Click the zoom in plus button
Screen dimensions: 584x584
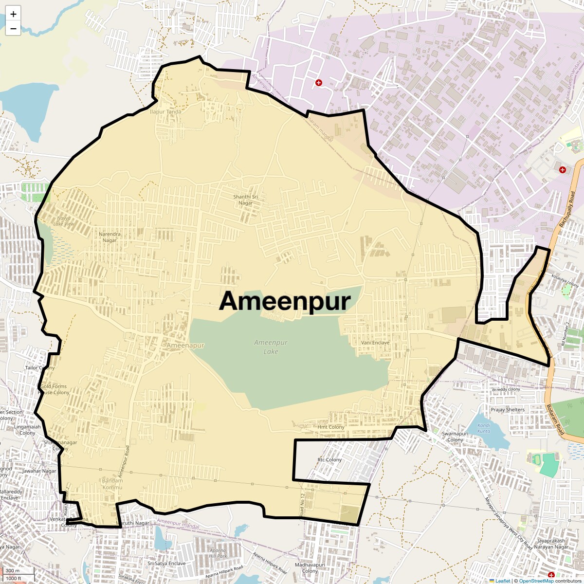point(13,14)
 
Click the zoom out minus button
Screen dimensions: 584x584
point(13,29)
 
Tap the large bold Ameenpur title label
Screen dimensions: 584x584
point(285,301)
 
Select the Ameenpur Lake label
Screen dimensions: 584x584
point(271,347)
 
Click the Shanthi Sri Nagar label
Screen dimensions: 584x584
point(245,200)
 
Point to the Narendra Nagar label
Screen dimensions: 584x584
point(109,237)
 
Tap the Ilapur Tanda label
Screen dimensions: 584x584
point(165,111)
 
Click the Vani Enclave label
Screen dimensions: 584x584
point(375,343)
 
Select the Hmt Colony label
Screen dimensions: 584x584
point(331,427)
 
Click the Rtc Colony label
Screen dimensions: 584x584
point(329,460)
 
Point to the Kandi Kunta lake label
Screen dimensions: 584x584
point(484,428)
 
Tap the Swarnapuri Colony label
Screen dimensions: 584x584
point(455,437)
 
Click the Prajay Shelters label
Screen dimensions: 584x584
point(508,410)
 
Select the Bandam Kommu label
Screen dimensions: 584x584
point(112,484)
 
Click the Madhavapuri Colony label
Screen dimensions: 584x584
point(310,568)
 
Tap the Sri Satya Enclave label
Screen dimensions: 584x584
point(166,564)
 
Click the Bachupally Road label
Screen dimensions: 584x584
point(567,209)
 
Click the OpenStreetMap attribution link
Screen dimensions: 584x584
point(536,581)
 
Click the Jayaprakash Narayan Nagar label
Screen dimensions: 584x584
point(551,544)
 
